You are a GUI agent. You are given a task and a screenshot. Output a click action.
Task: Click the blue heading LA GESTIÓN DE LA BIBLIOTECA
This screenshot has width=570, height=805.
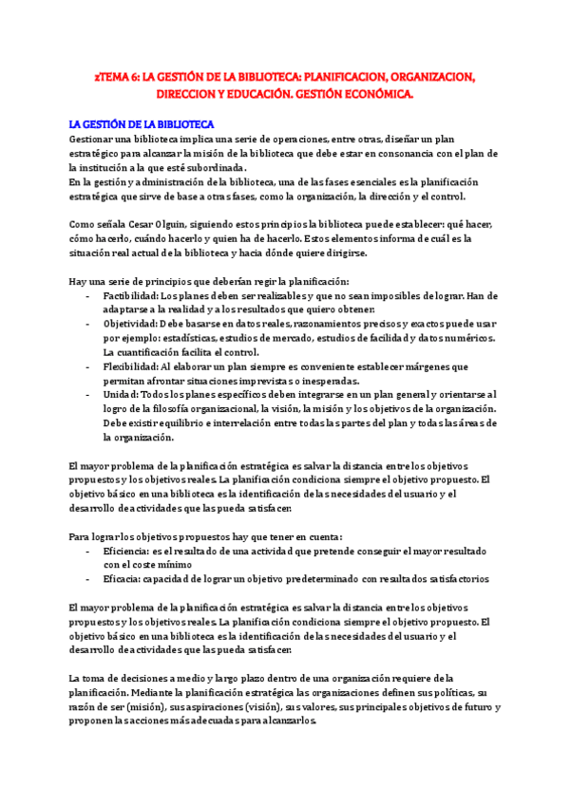(142, 123)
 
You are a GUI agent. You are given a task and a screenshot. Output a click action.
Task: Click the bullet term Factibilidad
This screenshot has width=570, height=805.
(131, 295)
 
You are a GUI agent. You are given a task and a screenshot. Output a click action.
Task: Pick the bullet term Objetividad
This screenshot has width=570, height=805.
(131, 324)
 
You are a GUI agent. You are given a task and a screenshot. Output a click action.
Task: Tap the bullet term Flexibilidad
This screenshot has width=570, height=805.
(131, 365)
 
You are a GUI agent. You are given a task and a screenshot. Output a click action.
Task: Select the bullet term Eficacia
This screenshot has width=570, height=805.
(124, 578)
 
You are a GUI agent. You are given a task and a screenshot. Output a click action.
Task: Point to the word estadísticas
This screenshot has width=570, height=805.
(196, 338)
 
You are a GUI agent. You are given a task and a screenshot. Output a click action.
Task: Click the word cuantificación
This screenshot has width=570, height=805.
(152, 352)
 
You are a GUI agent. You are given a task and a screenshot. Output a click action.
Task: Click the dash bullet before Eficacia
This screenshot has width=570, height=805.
(87, 578)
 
